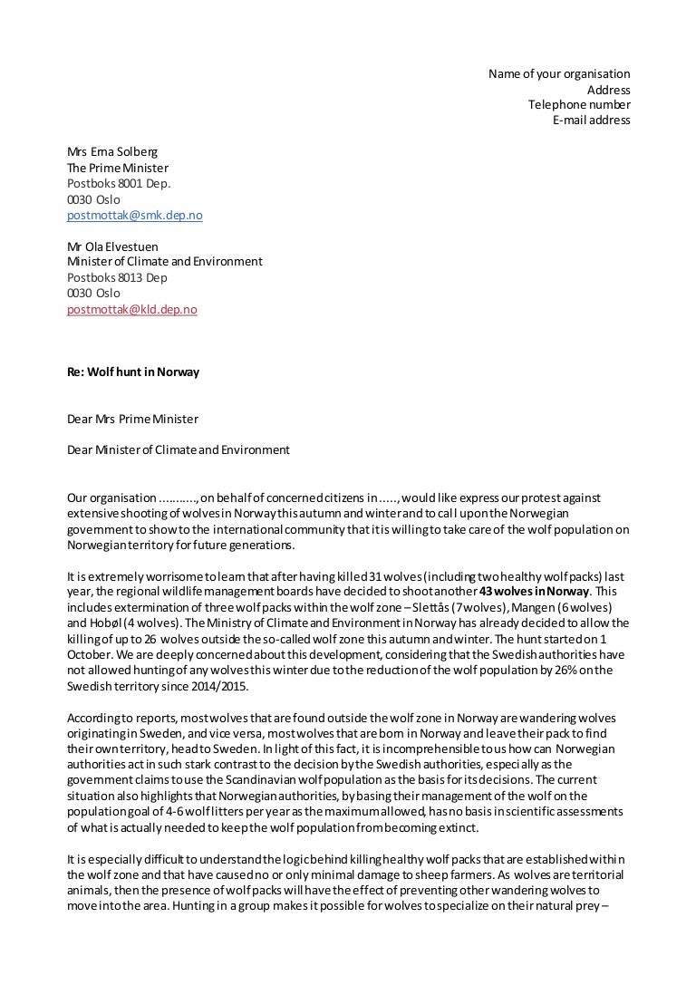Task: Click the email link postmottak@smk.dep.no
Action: (x=134, y=216)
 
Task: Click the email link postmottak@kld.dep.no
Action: (x=131, y=310)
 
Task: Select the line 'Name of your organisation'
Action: (x=559, y=74)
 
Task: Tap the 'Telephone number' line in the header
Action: (x=579, y=105)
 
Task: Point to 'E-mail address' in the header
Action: (x=591, y=121)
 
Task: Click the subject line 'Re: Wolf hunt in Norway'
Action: (x=133, y=372)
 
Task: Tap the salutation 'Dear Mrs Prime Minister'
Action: (x=132, y=420)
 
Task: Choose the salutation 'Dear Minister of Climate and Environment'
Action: (x=179, y=450)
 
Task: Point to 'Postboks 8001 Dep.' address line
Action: (x=119, y=184)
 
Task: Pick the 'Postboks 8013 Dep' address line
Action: (x=117, y=278)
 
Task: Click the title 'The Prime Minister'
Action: (x=117, y=169)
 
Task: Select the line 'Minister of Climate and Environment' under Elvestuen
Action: (x=164, y=262)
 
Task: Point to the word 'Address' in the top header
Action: (x=608, y=90)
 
